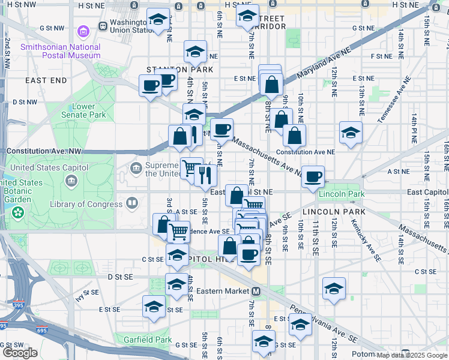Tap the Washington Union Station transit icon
[x=104, y=26]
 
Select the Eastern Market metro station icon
[x=256, y=291]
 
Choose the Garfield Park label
[x=139, y=340]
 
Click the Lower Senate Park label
[x=84, y=110]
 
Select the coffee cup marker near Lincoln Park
[x=313, y=177]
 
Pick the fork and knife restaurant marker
[x=205, y=175]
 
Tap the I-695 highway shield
[x=3, y=326]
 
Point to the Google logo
[x=20, y=353]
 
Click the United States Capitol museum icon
[x=71, y=181]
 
